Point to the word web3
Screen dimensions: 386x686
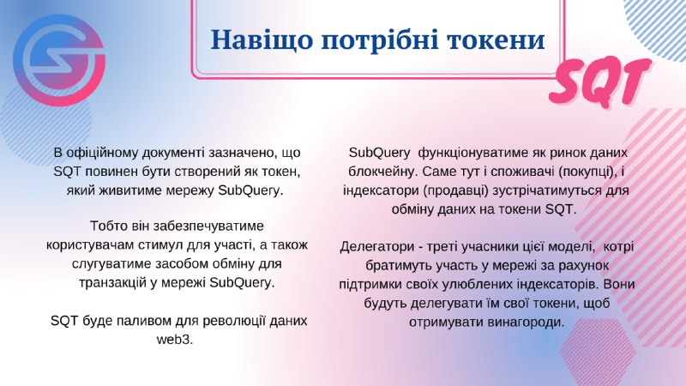point(176,339)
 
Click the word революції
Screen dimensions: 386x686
point(230,320)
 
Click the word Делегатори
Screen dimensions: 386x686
point(377,245)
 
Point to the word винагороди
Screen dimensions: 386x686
point(521,321)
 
